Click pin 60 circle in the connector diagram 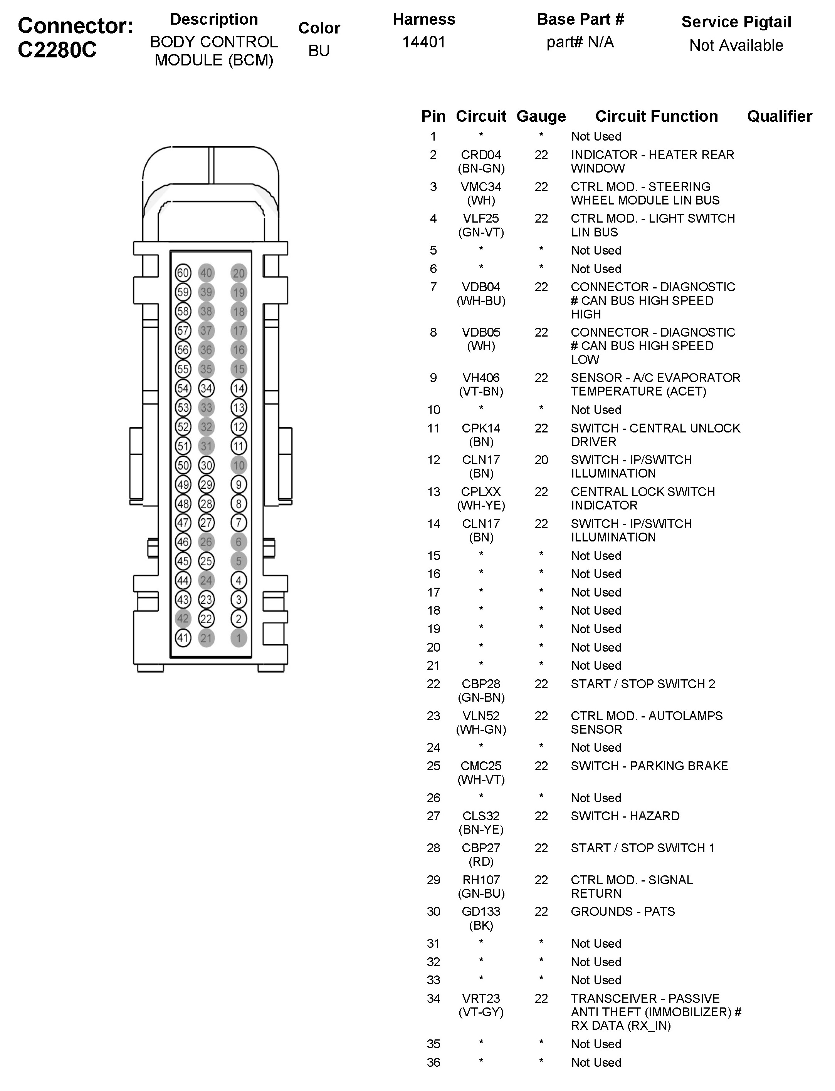tap(183, 273)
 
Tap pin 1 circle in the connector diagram tap(239, 638)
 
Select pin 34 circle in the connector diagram tap(206, 388)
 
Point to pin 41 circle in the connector tap(183, 638)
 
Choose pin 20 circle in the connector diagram tap(239, 273)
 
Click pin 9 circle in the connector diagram tap(239, 484)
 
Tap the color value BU tap(319, 51)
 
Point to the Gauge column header tap(541, 116)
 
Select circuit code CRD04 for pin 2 tap(481, 155)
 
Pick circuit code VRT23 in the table tap(481, 999)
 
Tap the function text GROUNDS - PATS tap(623, 912)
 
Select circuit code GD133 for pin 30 tap(481, 912)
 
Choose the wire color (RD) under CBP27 tap(481, 861)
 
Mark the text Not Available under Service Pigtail tap(736, 46)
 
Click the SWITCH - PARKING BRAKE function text tap(649, 766)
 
